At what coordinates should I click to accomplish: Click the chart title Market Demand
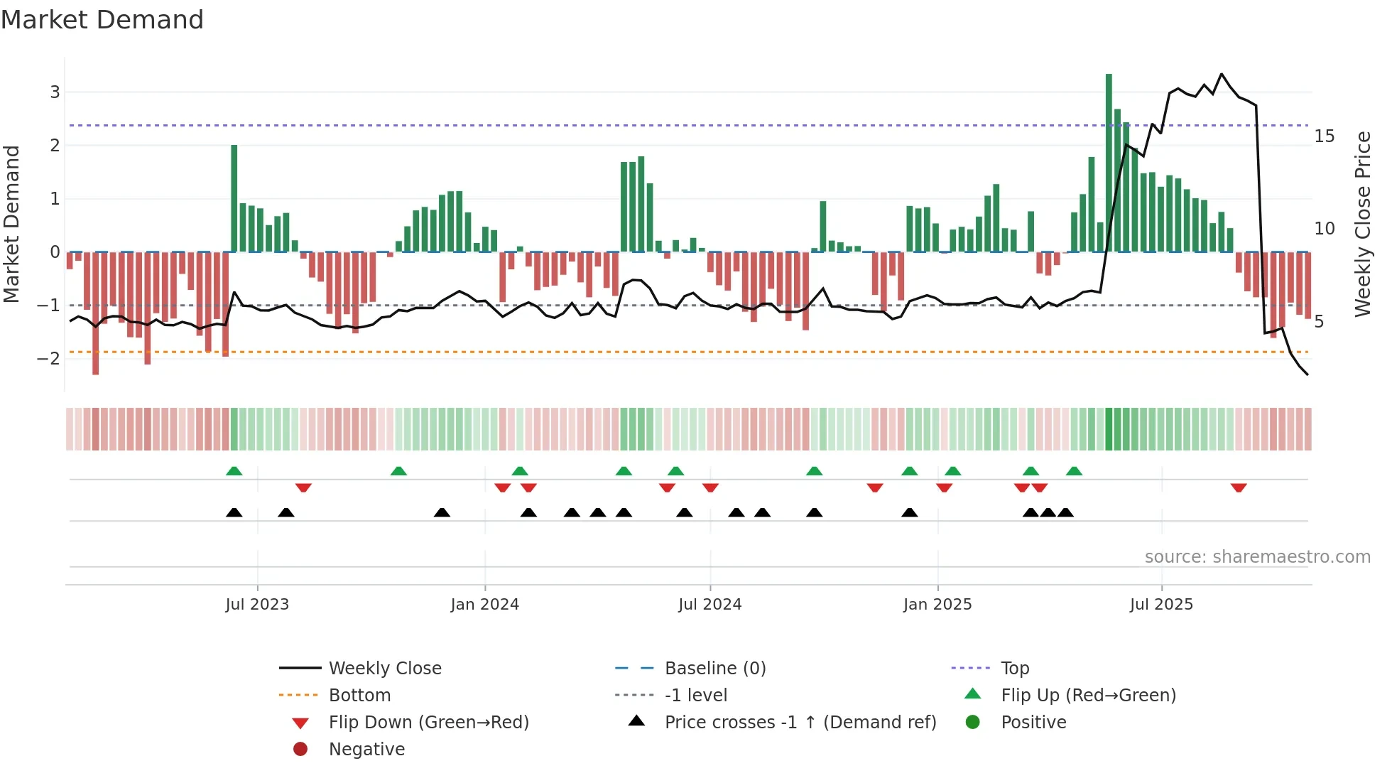click(102, 20)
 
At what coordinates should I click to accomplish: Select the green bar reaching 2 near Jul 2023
click(234, 198)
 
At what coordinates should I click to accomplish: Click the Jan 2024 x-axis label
click(484, 605)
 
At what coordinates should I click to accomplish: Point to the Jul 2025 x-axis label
click(1161, 605)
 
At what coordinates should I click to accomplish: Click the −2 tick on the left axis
click(48, 358)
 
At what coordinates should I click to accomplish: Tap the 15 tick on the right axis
click(1324, 136)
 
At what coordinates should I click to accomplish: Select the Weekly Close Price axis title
click(1362, 224)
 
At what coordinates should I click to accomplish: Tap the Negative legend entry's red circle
click(300, 750)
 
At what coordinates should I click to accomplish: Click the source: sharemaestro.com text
click(1257, 557)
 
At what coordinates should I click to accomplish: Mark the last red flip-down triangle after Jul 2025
click(1239, 487)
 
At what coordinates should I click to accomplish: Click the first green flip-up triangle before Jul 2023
click(234, 471)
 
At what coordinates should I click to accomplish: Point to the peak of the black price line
click(1222, 74)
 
